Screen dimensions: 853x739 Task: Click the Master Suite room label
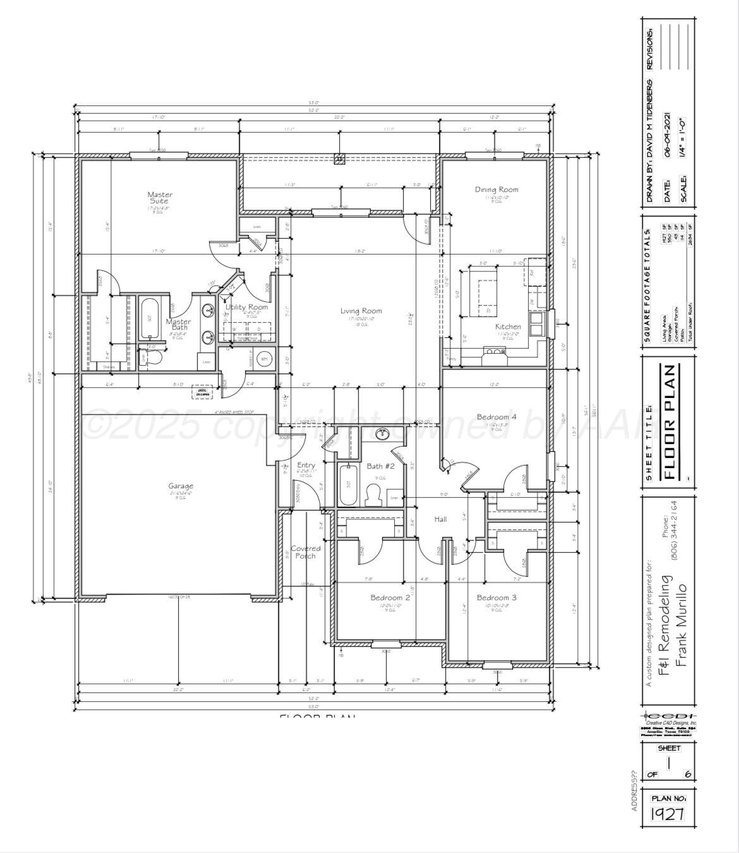coord(160,198)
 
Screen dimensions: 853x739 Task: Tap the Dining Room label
coord(496,190)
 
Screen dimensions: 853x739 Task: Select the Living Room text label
coord(361,311)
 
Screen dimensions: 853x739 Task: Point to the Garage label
coord(181,486)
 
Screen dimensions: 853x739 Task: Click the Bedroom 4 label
coord(496,417)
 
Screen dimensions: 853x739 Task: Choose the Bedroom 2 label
coord(390,597)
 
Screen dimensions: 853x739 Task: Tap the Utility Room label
coord(247,307)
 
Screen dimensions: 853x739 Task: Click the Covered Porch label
coord(306,552)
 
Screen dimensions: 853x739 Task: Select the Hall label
coord(440,519)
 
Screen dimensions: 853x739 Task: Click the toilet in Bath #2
coord(373,497)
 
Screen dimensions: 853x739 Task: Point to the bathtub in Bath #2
coord(346,485)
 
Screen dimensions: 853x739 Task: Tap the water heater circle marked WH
coord(265,359)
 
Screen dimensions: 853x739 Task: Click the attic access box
coord(203,392)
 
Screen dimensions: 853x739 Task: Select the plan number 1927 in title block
coord(668,813)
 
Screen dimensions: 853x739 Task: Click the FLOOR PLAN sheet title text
coord(671,422)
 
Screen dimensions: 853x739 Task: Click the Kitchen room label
coord(508,327)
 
